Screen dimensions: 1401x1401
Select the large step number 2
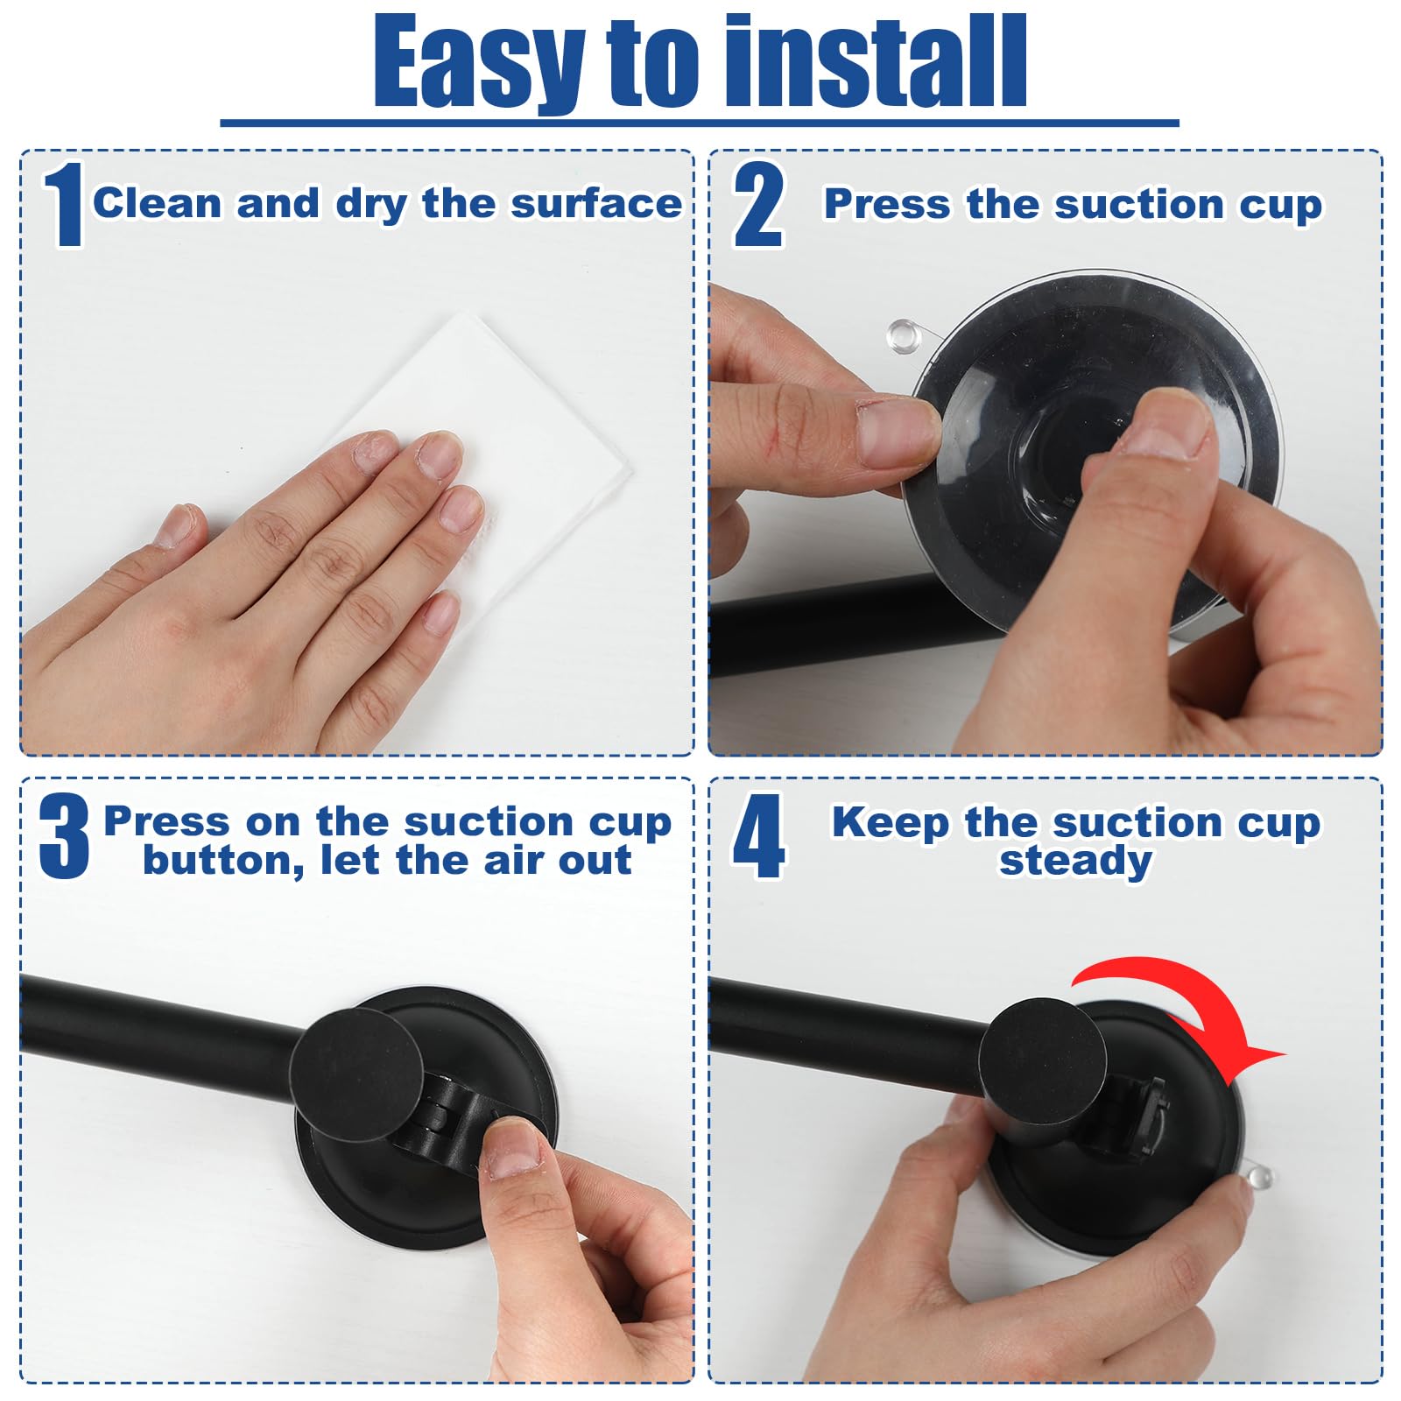(758, 206)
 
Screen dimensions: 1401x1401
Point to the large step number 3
(64, 836)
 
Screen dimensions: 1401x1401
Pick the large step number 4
(758, 836)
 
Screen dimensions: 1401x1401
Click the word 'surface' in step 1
(596, 203)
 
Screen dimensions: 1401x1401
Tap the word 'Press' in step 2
(887, 204)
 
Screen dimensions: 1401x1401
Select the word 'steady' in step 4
(1075, 860)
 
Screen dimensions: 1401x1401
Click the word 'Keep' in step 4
(890, 822)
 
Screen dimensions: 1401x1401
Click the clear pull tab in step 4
(1257, 1173)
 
